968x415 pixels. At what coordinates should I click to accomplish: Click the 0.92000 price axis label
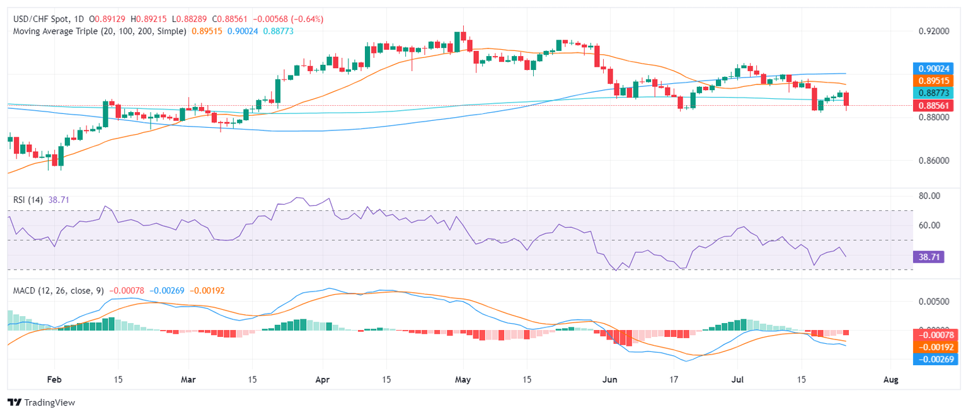coord(930,31)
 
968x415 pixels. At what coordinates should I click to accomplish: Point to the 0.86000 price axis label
coord(930,161)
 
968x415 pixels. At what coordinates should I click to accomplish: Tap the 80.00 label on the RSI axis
coord(925,196)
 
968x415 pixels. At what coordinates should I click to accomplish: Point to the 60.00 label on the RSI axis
coord(925,225)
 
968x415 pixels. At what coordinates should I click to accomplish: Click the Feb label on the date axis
coord(54,380)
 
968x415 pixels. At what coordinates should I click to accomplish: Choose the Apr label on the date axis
coord(322,380)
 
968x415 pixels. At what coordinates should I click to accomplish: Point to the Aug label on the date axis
coord(890,380)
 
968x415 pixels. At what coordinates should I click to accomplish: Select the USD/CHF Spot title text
coord(42,19)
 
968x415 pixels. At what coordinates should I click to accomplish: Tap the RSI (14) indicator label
coord(28,200)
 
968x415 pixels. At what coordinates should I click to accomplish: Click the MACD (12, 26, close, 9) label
coord(58,290)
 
